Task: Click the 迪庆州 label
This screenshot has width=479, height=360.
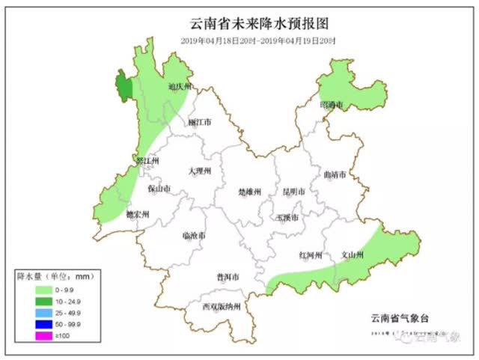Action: pos(180,86)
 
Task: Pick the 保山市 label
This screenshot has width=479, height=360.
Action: pos(159,188)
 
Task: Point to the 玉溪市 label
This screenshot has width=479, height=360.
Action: pos(287,217)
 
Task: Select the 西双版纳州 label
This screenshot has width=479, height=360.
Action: pos(222,306)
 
